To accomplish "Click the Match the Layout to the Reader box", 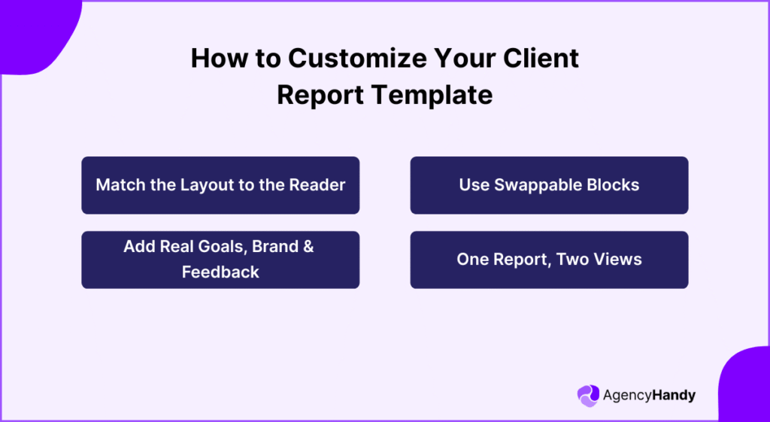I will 220,185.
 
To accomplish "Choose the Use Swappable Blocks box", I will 549,185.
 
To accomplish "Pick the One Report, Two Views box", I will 549,260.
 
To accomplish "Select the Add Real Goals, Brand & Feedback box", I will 220,260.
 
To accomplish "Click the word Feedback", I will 220,272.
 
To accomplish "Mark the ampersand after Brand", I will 307,247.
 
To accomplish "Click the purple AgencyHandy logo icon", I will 588,396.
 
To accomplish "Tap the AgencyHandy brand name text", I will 649,396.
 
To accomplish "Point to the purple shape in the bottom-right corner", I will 744,387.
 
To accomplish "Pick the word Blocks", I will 613,185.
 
